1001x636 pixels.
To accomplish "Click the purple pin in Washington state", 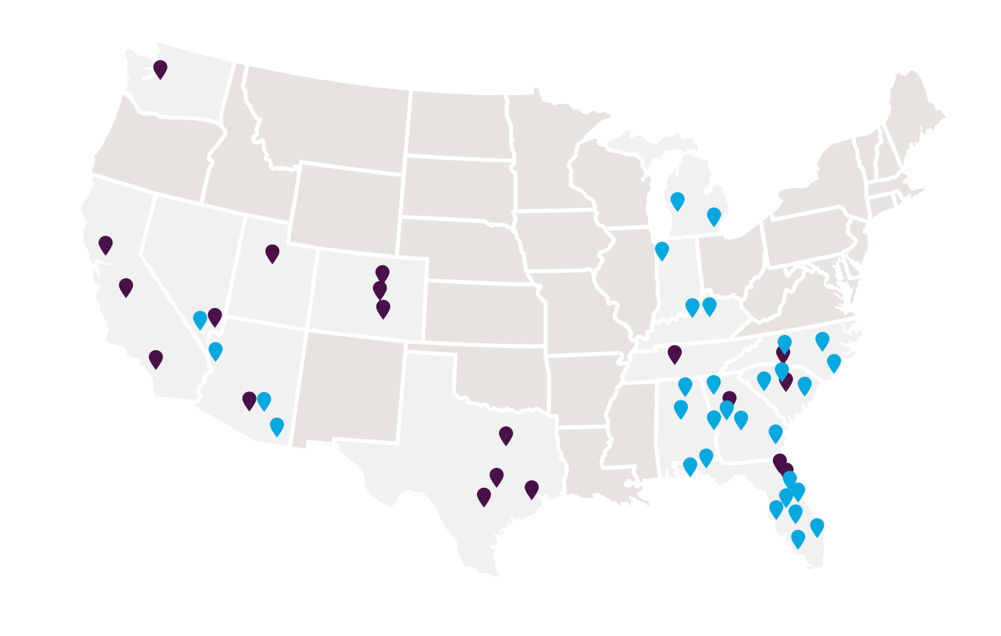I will coord(160,68).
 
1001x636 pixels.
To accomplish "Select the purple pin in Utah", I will coord(272,252).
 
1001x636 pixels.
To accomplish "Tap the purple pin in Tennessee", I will coord(674,353).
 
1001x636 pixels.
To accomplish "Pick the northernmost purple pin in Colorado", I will coord(382,273).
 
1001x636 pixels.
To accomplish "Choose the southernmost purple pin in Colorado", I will coord(383,308).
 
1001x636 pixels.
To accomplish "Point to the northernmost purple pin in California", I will coord(105,244).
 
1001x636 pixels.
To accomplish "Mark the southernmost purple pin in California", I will coord(156,358).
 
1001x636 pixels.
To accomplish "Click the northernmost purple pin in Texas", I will coord(506,435).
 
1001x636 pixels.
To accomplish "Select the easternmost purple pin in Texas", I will coord(532,489).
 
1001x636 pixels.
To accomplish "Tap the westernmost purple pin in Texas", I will coord(484,496).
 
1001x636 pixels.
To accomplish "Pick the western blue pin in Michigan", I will coord(678,201).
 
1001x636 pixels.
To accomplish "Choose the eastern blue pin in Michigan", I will coord(714,216).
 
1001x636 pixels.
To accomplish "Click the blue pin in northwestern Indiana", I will coord(662,250).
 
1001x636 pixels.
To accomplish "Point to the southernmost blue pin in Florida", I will coord(798,538).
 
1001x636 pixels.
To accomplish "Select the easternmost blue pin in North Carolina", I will coord(833,362).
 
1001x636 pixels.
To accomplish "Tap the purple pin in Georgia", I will coord(729,398).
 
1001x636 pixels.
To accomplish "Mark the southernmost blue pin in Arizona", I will coord(276,426).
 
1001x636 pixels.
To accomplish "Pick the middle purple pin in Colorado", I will coord(380,289).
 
